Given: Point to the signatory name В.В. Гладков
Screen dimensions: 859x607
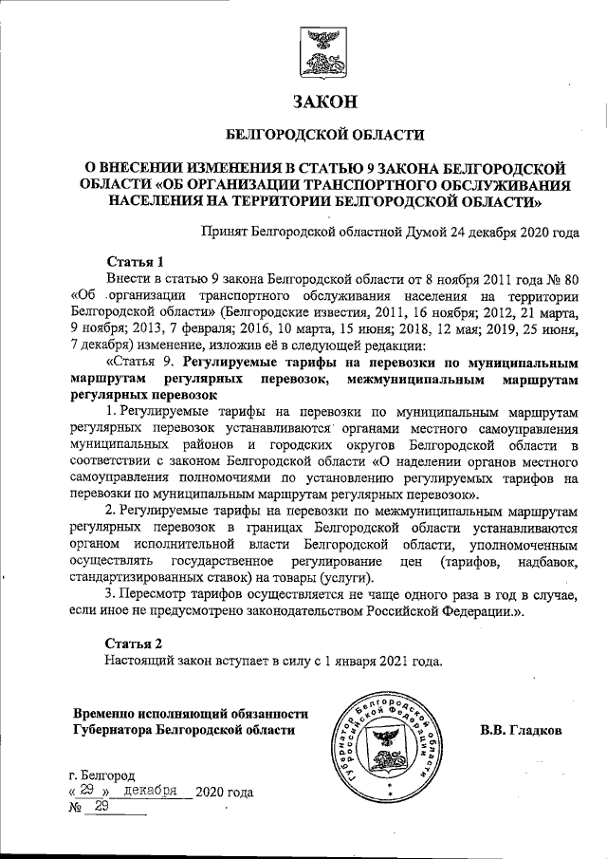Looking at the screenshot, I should click(x=522, y=731).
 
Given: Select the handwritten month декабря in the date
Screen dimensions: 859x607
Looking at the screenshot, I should click(x=151, y=791).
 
